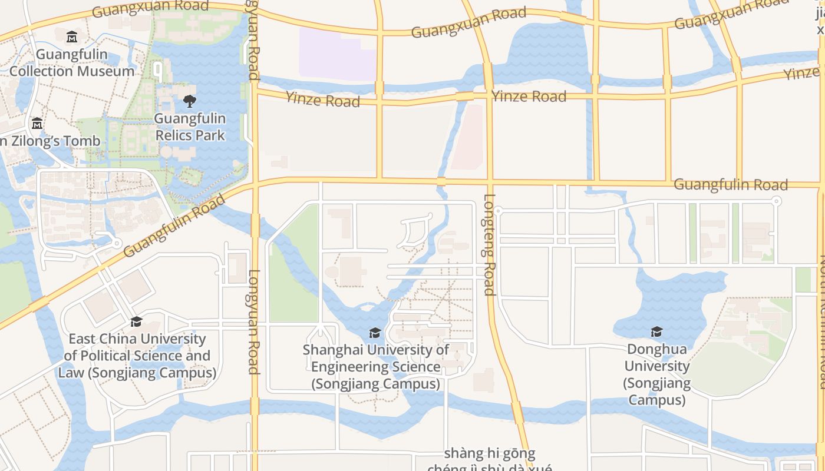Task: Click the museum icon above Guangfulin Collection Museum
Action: click(72, 37)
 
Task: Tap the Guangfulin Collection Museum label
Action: click(72, 63)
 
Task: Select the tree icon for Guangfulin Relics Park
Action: click(189, 101)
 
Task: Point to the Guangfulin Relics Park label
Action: click(190, 127)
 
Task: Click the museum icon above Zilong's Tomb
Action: click(37, 124)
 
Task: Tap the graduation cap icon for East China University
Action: click(136, 321)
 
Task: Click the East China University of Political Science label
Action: click(137, 356)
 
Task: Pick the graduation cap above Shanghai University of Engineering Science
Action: click(375, 333)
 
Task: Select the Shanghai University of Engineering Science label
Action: click(376, 367)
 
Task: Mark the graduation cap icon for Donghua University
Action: click(656, 332)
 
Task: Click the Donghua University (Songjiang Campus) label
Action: click(657, 374)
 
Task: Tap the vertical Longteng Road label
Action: click(489, 244)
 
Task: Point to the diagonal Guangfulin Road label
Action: click(175, 225)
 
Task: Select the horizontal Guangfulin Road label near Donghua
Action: click(730, 185)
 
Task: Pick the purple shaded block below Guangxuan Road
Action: click(337, 54)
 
